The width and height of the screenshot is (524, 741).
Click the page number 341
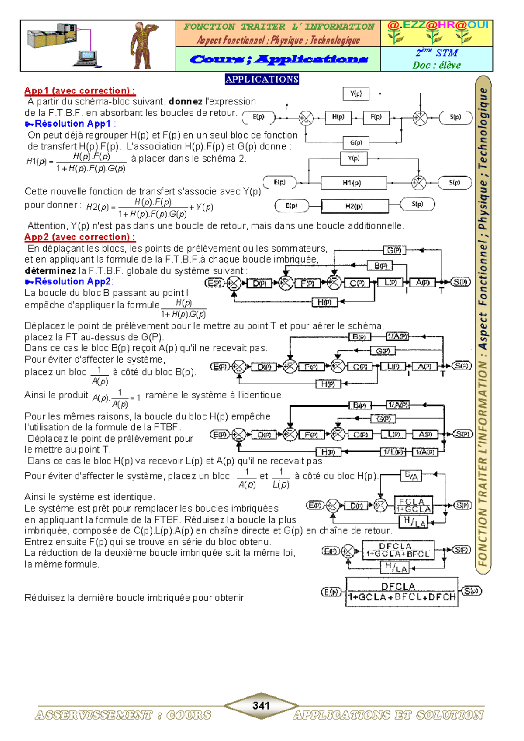click(261, 705)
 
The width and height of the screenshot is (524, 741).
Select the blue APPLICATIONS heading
click(262, 79)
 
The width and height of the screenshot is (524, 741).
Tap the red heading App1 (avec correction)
click(80, 91)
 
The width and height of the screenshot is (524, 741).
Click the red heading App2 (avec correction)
click(80, 237)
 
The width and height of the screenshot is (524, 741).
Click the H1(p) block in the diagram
click(354, 183)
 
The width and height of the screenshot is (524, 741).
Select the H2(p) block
click(355, 206)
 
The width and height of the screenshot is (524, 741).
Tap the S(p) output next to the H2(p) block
click(418, 204)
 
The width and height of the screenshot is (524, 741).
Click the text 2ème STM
click(437, 53)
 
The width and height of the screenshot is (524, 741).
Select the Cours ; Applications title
click(278, 59)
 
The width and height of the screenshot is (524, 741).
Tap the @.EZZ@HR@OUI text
click(437, 25)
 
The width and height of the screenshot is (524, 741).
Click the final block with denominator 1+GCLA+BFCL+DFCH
click(402, 592)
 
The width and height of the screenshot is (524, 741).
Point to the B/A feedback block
click(412, 476)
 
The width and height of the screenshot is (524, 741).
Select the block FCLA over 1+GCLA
click(413, 506)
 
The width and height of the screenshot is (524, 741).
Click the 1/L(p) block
click(393, 452)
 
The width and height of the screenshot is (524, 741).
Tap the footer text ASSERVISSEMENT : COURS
click(123, 715)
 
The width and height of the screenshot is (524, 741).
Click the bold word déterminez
click(50, 270)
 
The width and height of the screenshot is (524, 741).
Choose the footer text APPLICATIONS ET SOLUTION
click(388, 715)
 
